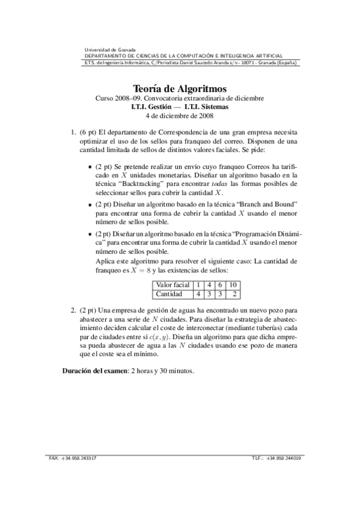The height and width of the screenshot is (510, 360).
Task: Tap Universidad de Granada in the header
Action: [110, 50]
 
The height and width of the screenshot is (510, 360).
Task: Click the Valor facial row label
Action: [172, 284]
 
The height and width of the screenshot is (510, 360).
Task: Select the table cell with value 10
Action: [234, 284]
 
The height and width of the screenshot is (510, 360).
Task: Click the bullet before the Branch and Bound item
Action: [89, 205]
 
